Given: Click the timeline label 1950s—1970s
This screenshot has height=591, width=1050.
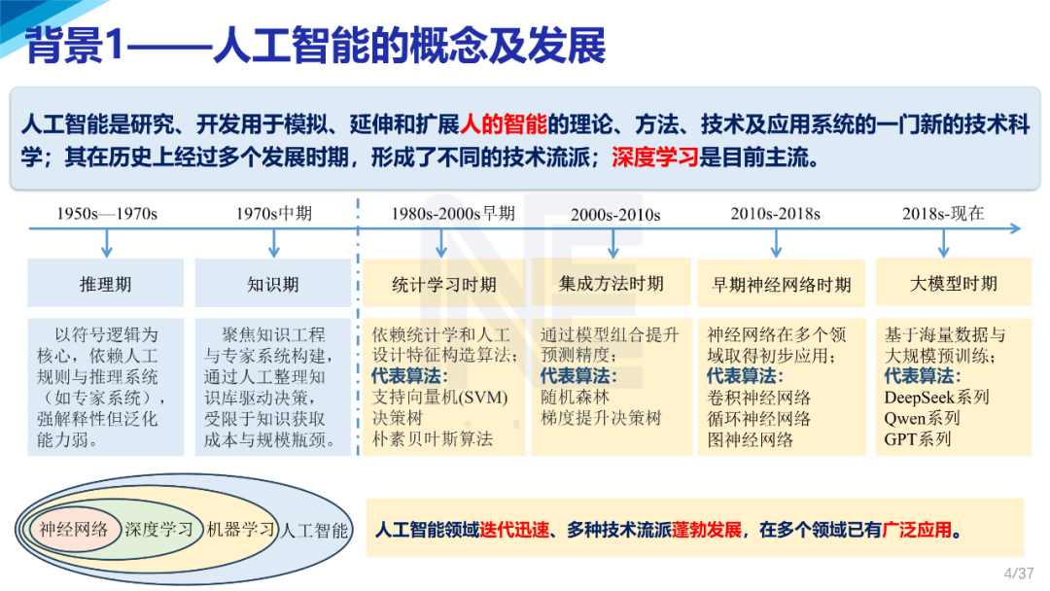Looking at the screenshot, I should pos(107,213).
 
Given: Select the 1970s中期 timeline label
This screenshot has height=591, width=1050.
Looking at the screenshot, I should pos(273,213).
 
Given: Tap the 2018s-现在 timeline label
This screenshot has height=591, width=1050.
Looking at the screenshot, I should pos(943,213).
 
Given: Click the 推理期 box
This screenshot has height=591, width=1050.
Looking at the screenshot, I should pos(105,284).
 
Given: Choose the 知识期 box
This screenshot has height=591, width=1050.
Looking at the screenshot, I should pos(273,284).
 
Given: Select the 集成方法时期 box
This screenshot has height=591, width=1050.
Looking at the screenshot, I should pos(611,283).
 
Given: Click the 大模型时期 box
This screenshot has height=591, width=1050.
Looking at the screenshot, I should pos(953,283).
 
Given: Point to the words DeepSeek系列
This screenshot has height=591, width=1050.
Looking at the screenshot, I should pos(936,397).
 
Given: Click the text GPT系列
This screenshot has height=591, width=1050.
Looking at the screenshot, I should pos(918,438).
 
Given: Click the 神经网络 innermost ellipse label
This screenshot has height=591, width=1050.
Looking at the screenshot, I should pos(74,530).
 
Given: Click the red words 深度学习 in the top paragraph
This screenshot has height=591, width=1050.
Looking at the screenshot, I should pos(655,156).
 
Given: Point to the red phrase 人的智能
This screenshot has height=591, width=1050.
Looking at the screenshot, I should pos(504,124).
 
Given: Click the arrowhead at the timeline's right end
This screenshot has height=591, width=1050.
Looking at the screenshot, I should pos(1015,229).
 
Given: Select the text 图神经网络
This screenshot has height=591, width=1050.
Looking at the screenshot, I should pos(750,438).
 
